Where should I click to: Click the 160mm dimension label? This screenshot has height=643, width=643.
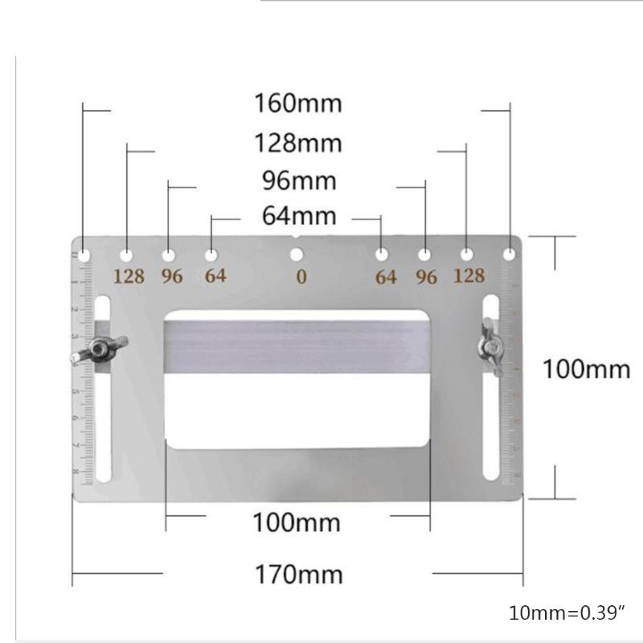click(x=298, y=104)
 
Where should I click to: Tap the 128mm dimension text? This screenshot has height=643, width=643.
click(x=298, y=143)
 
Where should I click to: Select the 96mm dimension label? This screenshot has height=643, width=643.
click(x=298, y=179)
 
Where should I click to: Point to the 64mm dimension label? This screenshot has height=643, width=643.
click(x=298, y=216)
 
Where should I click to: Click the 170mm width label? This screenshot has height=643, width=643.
click(x=298, y=575)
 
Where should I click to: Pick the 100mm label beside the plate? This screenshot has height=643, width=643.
click(x=586, y=370)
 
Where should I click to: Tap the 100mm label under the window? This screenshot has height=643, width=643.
click(x=297, y=523)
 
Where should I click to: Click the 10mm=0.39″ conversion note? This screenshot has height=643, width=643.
click(x=567, y=613)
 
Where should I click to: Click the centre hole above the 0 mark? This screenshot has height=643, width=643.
click(x=297, y=256)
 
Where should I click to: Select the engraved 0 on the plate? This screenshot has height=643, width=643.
click(x=301, y=277)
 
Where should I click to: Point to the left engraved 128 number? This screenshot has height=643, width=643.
click(x=129, y=276)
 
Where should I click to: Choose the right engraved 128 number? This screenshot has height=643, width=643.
click(x=469, y=276)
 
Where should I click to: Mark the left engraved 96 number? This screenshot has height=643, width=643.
click(x=172, y=276)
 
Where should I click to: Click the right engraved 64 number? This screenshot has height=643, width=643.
click(x=386, y=277)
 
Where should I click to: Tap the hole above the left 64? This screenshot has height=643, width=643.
click(x=211, y=256)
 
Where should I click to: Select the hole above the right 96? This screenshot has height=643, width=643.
click(x=424, y=256)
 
